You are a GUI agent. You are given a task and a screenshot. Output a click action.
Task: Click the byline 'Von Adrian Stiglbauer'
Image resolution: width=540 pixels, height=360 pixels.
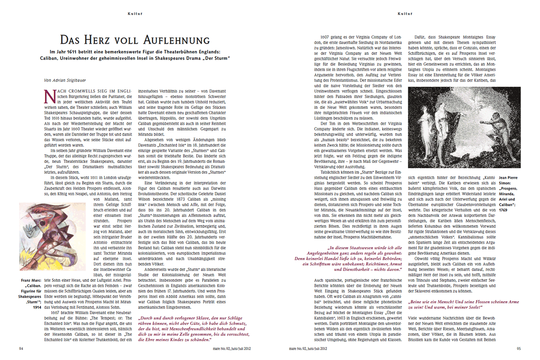click(65, 80)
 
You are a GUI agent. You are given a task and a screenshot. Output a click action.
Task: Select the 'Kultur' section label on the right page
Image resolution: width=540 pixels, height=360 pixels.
click(405, 13)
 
